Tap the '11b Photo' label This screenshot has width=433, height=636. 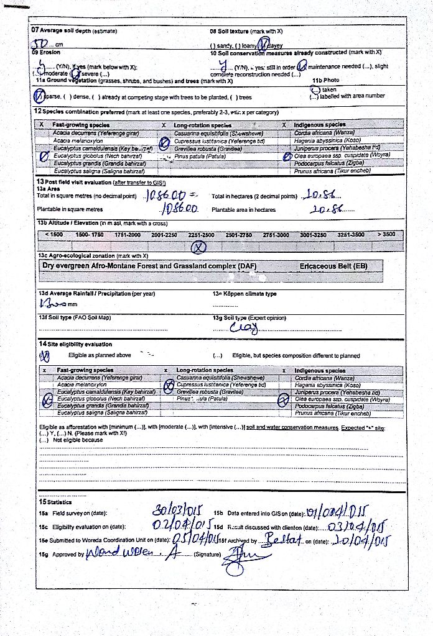[325, 80]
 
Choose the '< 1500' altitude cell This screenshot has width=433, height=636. [54, 234]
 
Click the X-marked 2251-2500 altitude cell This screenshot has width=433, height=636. [199, 247]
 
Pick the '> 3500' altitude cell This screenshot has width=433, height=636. [385, 234]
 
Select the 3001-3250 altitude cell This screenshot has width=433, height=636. [314, 234]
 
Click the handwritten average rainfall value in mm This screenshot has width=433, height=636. [51, 304]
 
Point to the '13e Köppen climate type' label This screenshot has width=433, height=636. [244, 294]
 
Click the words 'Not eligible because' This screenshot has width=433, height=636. [78, 440]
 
